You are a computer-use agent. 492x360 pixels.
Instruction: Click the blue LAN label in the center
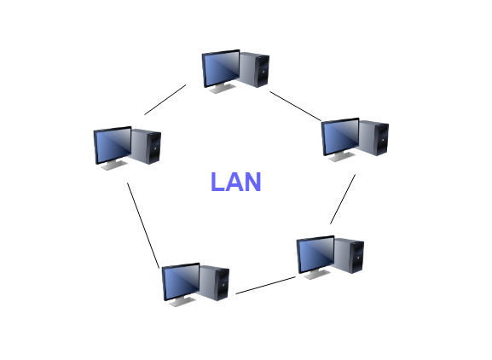click(236, 182)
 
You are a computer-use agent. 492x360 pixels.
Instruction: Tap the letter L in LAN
click(217, 182)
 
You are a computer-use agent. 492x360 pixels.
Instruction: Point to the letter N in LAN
click(252, 182)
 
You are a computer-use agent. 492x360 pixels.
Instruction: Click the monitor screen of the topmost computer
click(222, 69)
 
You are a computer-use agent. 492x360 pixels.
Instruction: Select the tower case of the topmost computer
click(254, 69)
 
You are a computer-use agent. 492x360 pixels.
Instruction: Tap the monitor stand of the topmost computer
click(223, 88)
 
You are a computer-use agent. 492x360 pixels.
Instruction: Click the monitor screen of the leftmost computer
click(113, 145)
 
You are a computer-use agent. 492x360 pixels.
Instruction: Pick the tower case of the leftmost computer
click(146, 146)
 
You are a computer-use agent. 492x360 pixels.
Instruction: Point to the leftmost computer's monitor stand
click(114, 165)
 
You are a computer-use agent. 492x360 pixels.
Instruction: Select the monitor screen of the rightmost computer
click(341, 136)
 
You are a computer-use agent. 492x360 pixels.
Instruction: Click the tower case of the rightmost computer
click(373, 137)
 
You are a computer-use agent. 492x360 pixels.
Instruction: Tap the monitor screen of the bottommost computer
click(182, 282)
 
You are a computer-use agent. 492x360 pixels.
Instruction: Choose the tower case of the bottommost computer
click(214, 282)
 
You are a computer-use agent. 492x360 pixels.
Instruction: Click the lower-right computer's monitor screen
click(316, 254)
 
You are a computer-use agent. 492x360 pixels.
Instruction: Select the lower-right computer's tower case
click(349, 255)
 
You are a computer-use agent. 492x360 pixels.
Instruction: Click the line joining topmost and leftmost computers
click(165, 100)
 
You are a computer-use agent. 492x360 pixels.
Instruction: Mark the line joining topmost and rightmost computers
click(296, 106)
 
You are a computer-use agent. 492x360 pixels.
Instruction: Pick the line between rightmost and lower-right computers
click(343, 200)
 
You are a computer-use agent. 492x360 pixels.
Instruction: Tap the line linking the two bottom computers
click(265, 285)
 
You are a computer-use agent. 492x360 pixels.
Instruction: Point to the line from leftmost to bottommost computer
click(143, 226)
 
